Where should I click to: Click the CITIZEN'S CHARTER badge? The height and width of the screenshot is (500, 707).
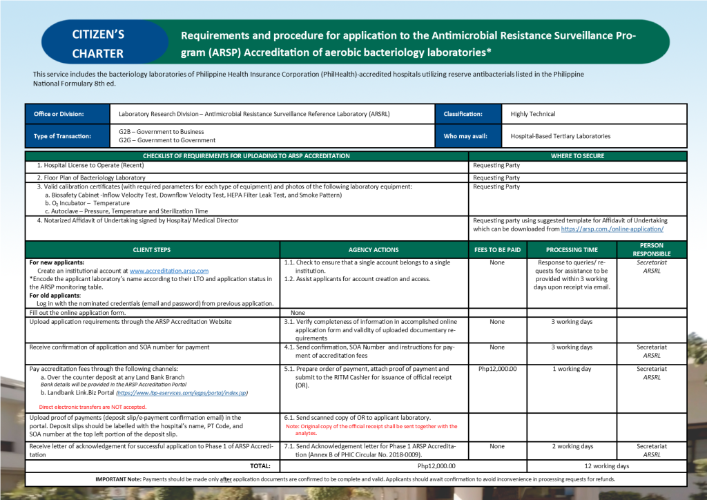pyautogui.click(x=98, y=43)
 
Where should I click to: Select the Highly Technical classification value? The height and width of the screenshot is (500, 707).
pyautogui.click(x=533, y=114)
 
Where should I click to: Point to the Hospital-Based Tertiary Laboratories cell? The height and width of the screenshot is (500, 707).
pyautogui.click(x=560, y=136)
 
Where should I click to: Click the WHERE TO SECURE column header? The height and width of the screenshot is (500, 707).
pyautogui.click(x=577, y=156)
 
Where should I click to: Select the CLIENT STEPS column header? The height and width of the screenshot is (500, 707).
pyautogui.click(x=152, y=249)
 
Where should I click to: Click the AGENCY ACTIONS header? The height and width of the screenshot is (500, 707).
pyautogui.click(x=374, y=249)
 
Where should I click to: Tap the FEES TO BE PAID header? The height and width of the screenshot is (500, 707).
pyautogui.click(x=497, y=249)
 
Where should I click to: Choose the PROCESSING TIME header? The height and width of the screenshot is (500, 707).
pyautogui.click(x=572, y=249)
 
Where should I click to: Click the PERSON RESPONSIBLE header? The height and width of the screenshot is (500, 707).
pyautogui.click(x=652, y=249)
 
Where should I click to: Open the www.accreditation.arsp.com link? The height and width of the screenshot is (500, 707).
pyautogui.click(x=169, y=271)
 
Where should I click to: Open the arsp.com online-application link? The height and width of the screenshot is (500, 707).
pyautogui.click(x=612, y=229)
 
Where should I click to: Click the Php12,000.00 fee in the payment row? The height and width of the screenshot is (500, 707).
pyautogui.click(x=497, y=369)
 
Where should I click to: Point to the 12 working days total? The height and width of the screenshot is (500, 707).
pyautogui.click(x=606, y=466)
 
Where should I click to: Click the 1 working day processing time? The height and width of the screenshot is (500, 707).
pyautogui.click(x=572, y=369)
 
